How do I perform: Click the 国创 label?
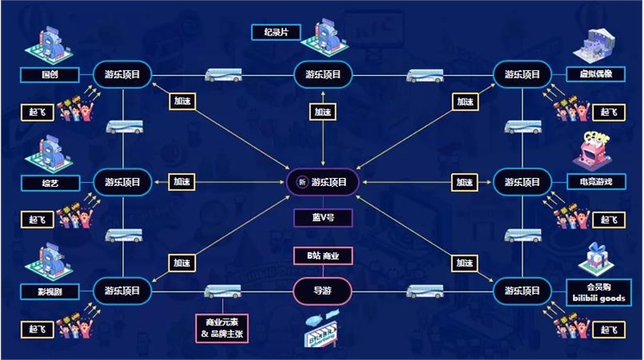pyautogui.click(x=48, y=75)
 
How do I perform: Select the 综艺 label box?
pyautogui.click(x=48, y=183)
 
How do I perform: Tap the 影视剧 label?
pyautogui.click(x=48, y=290)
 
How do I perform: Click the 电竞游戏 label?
pyautogui.click(x=596, y=183)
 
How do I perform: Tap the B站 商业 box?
pyautogui.click(x=322, y=257)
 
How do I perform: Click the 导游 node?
pyautogui.click(x=322, y=290)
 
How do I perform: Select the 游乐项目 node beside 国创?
pyautogui.click(x=122, y=75)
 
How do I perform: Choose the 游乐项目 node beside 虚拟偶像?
pyautogui.click(x=522, y=75)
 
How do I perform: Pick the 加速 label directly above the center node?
pyautogui.click(x=322, y=113)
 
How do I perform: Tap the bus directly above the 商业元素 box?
pyautogui.click(x=221, y=291)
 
